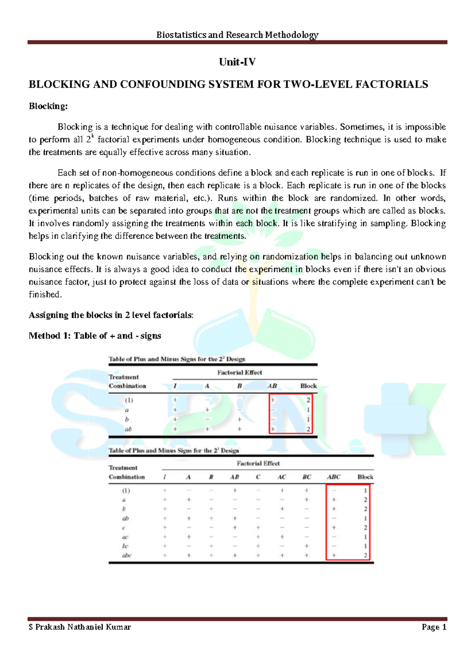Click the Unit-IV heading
click(237, 62)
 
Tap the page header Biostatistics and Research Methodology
click(237, 35)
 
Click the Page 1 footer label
click(434, 627)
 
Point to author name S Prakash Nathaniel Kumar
click(80, 627)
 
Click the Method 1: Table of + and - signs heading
click(95, 336)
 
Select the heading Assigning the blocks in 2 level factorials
click(111, 315)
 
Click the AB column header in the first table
click(272, 386)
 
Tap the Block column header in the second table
click(365, 477)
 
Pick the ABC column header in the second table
click(333, 477)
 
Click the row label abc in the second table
click(127, 555)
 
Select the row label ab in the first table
click(128, 429)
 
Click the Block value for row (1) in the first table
click(308, 400)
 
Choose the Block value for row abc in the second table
click(365, 555)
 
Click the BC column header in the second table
click(307, 477)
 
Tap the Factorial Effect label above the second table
click(258, 463)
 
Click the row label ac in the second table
click(125, 537)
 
